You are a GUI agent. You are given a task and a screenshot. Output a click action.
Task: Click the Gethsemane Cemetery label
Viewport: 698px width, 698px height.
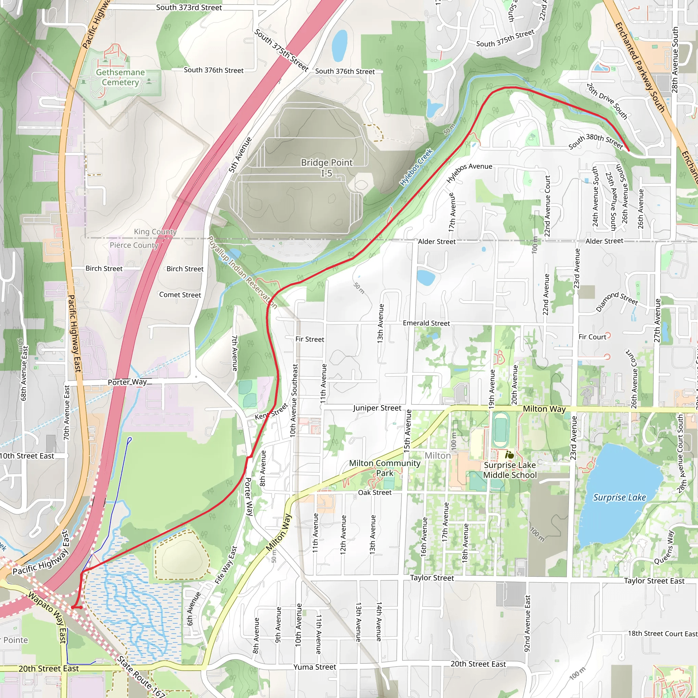point(120,77)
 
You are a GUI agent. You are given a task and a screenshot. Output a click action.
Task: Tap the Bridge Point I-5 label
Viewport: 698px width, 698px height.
point(327,168)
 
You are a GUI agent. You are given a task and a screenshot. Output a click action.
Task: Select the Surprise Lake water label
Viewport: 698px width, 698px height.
point(619,498)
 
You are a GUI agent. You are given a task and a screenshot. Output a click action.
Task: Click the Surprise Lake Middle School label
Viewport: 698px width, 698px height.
point(510,470)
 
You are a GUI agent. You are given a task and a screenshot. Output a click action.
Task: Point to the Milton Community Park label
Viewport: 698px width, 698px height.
point(384,468)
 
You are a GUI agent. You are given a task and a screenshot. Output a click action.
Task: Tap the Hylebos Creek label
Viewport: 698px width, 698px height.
point(416,167)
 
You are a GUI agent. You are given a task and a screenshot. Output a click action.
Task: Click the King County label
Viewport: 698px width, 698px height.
point(155,231)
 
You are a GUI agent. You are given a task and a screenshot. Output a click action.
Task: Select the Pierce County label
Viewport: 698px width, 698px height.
point(134,245)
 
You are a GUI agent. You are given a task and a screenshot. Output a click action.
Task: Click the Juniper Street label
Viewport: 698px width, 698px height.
point(377,408)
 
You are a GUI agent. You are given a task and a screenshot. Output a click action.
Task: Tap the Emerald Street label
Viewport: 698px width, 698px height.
point(426,323)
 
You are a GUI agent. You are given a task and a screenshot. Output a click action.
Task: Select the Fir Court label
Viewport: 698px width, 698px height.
point(592,337)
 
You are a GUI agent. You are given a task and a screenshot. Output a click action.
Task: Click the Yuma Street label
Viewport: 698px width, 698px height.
point(314,667)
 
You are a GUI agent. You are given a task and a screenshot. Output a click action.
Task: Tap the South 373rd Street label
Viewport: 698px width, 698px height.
point(188,7)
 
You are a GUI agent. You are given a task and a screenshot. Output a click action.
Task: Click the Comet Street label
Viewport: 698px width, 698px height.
point(180,295)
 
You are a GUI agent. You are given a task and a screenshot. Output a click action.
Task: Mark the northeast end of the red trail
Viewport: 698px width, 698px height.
point(628,150)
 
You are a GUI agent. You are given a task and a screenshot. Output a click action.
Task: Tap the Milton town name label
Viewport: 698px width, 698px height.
point(438,456)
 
